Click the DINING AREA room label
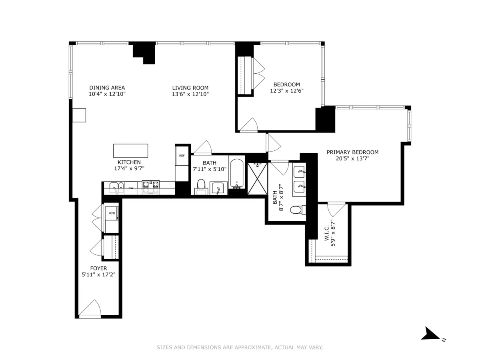(107, 88)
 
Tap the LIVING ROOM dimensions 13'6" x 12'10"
(190, 94)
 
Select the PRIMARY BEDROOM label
(352, 152)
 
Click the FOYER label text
(98, 268)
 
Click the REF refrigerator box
(182, 156)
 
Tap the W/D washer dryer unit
(112, 214)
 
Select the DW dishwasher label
(131, 188)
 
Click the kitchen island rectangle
(130, 151)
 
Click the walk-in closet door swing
(336, 209)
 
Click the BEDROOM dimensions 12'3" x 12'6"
(286, 91)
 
